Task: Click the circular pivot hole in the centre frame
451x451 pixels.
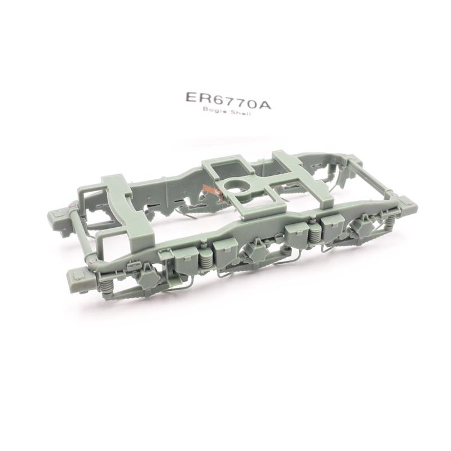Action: pyautogui.click(x=236, y=187)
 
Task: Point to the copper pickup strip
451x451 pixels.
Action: pyautogui.click(x=213, y=190)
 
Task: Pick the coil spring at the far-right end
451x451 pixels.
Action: pyautogui.click(x=390, y=222)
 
